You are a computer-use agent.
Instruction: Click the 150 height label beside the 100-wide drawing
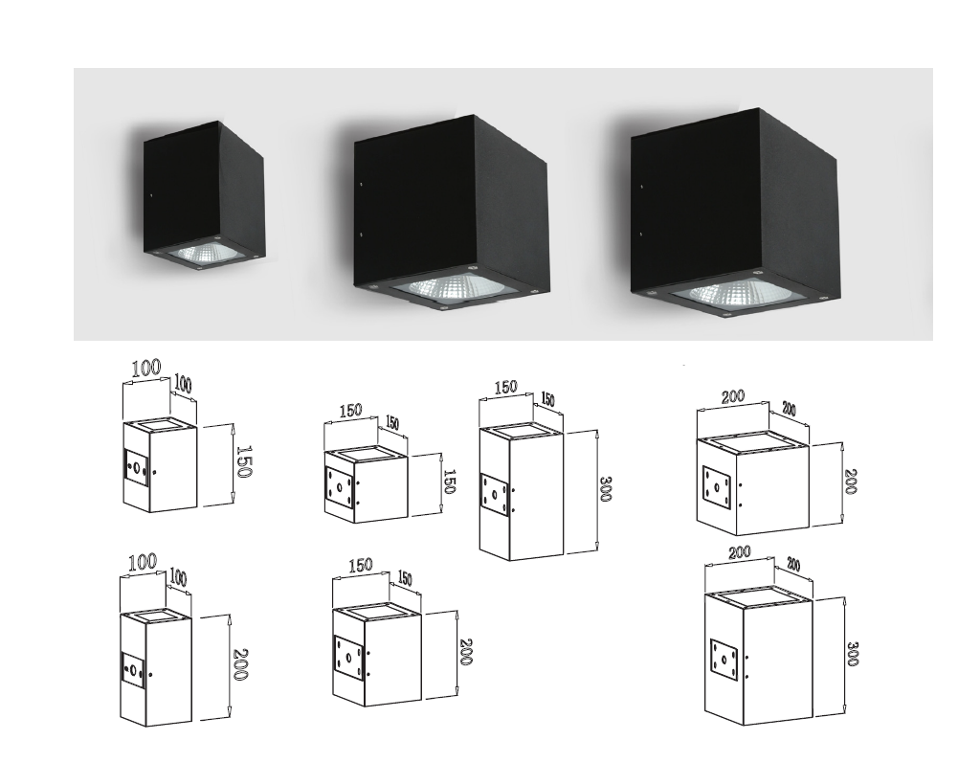[x=244, y=461]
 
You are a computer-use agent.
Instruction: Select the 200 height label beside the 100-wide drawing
[x=240, y=662]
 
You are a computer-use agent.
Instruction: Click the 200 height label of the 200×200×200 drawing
[x=849, y=482]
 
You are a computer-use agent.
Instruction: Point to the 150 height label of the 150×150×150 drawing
[x=449, y=481]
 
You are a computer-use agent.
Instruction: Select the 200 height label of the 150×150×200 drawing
[x=466, y=651]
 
